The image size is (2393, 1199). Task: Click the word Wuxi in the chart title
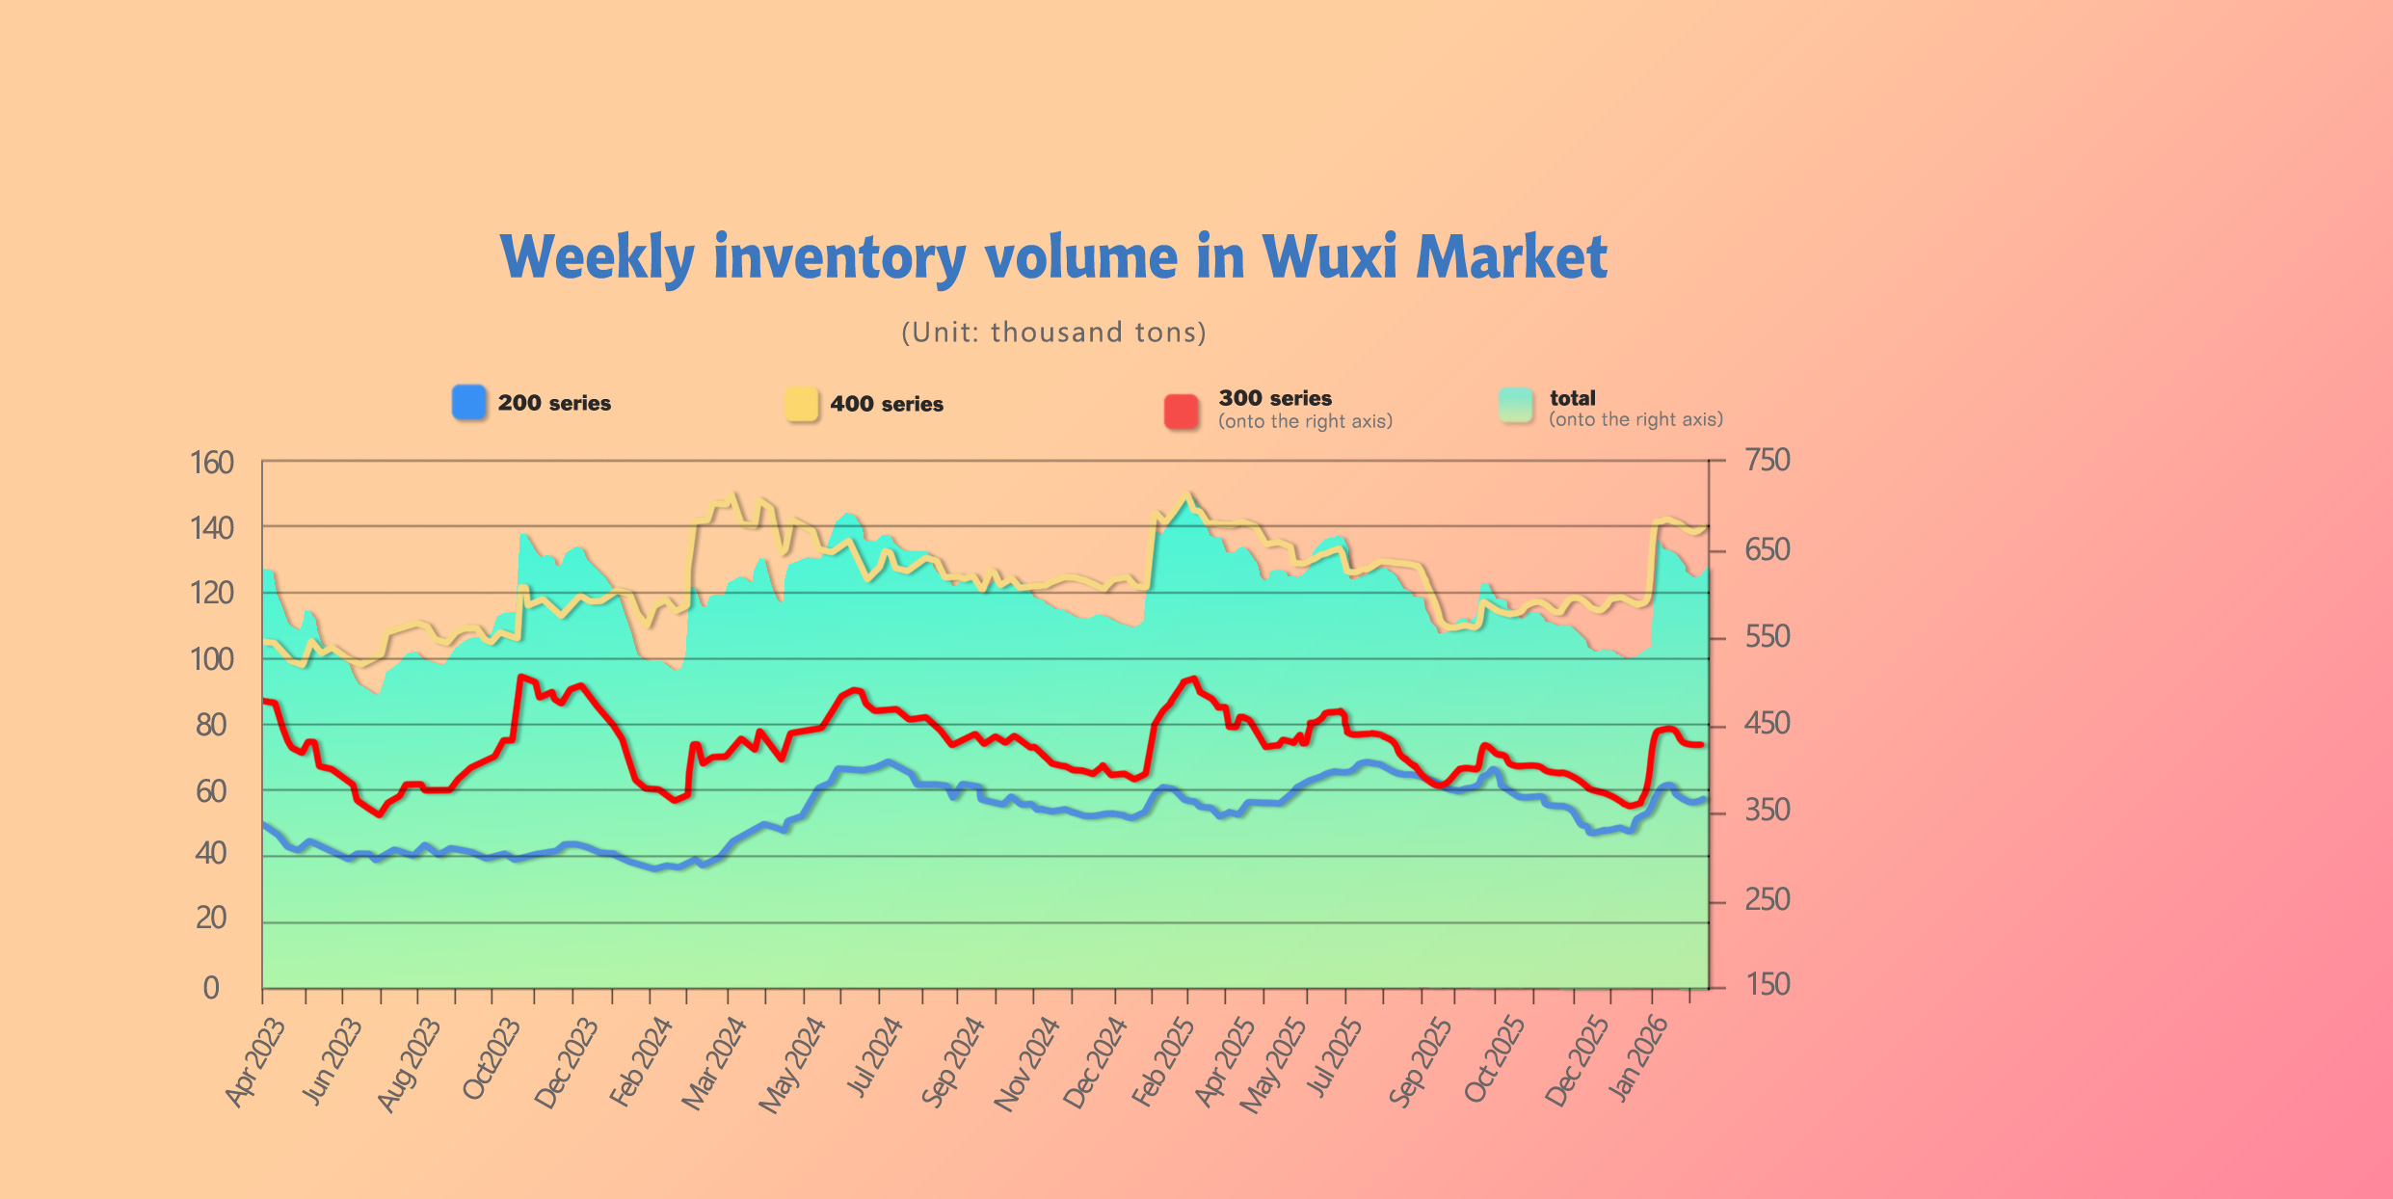(1329, 257)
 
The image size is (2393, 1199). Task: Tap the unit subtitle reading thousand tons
(1053, 333)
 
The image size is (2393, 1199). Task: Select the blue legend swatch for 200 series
(469, 402)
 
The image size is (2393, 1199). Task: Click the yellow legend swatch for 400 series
(801, 404)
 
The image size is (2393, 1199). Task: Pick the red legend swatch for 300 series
(1182, 411)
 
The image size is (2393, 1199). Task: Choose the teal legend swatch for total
(1516, 405)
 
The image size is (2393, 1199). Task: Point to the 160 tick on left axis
(212, 463)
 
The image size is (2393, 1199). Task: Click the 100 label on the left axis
(212, 659)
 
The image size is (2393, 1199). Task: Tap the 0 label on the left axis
(211, 988)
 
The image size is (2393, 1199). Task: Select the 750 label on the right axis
(1768, 460)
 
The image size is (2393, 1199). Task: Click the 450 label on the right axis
(1768, 723)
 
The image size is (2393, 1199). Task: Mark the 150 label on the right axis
(1768, 984)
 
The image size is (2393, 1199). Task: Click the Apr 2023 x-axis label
(256, 1062)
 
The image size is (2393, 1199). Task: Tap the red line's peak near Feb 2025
(1194, 679)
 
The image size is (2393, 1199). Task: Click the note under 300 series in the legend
(1305, 421)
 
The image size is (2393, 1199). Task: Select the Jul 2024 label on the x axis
(875, 1057)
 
